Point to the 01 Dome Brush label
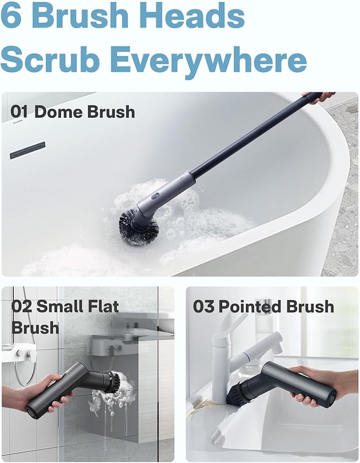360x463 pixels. [73, 112]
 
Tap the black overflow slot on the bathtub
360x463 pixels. [28, 150]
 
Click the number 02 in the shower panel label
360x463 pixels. [22, 307]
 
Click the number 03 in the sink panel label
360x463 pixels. [203, 307]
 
